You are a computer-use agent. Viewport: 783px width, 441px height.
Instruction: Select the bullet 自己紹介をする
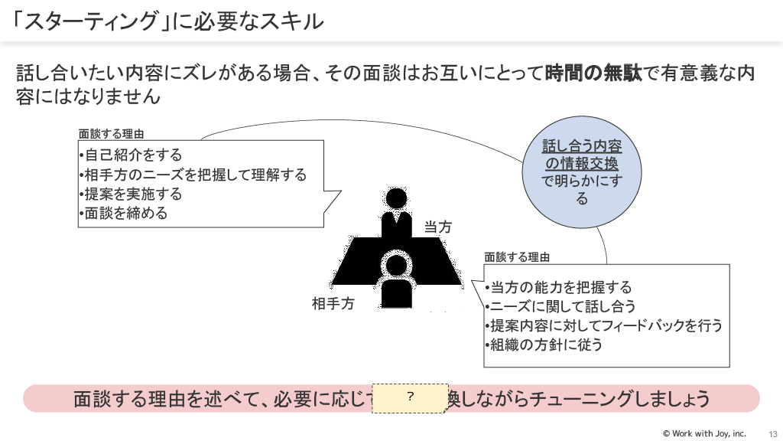tap(134, 155)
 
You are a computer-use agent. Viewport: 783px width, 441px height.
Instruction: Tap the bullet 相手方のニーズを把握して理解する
tap(195, 175)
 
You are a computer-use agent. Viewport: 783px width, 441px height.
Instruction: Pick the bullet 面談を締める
tap(125, 213)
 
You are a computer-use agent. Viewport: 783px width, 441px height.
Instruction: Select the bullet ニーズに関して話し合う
tap(563, 306)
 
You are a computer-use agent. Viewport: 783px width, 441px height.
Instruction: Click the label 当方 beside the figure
tap(438, 227)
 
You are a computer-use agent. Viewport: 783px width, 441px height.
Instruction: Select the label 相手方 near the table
tap(333, 303)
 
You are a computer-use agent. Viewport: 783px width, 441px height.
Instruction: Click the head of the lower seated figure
tap(396, 266)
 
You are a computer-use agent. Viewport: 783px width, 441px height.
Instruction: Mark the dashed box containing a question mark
tap(410, 397)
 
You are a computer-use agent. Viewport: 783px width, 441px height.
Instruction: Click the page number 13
tap(772, 433)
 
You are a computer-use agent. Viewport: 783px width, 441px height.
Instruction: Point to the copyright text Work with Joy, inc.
tap(703, 433)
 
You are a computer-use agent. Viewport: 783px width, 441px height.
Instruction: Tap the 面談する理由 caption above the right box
tap(517, 257)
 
